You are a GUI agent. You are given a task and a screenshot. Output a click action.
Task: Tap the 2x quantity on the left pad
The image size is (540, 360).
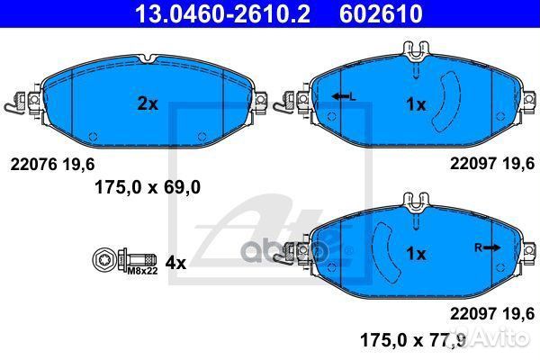point(147,104)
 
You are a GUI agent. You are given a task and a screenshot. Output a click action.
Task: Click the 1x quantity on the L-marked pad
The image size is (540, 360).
point(415,104)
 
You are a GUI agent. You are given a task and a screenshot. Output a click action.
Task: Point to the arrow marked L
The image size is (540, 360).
point(341,95)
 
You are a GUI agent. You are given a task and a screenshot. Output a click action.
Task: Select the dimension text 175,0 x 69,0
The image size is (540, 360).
point(147,186)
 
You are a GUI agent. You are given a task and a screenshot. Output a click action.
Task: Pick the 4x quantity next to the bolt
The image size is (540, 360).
point(175,263)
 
